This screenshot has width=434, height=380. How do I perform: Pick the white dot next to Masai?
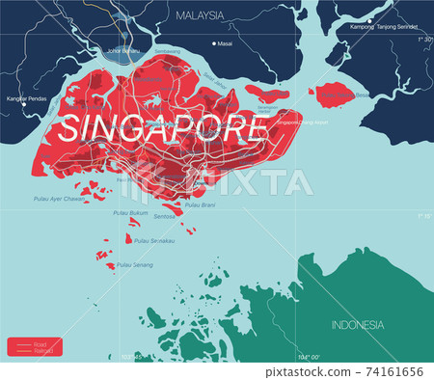pyautogui.click(x=213, y=44)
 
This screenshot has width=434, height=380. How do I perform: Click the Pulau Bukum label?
pyautogui.click(x=129, y=212)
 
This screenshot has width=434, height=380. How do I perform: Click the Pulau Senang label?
pyautogui.click(x=134, y=264)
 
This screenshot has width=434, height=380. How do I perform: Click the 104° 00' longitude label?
pyautogui.click(x=308, y=357)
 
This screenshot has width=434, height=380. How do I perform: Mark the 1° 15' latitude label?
pyautogui.click(x=420, y=217)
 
